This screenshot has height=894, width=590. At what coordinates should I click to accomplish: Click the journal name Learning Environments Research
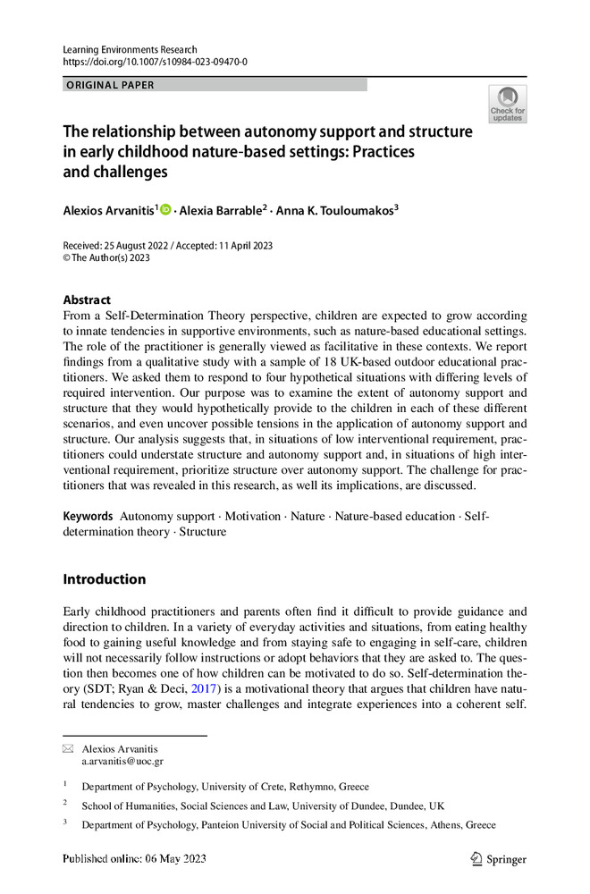pyautogui.click(x=130, y=49)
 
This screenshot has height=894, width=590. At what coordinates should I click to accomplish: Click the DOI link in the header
pyautogui.click(x=155, y=62)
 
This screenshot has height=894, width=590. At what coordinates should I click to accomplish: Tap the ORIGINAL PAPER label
pyautogui.click(x=110, y=85)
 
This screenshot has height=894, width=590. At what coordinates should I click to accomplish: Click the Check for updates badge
pyautogui.click(x=507, y=105)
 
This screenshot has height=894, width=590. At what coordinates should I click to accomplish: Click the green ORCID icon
pyautogui.click(x=165, y=209)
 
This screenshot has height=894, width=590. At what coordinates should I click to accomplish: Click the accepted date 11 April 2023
pyautogui.click(x=243, y=246)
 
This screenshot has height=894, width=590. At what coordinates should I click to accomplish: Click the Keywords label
pyautogui.click(x=88, y=517)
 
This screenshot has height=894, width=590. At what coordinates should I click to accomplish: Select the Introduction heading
pyautogui.click(x=104, y=579)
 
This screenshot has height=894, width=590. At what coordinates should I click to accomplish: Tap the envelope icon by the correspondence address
pyautogui.click(x=68, y=748)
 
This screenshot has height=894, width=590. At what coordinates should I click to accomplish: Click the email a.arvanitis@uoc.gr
pyautogui.click(x=122, y=761)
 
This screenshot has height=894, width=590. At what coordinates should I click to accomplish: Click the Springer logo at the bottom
pyautogui.click(x=498, y=860)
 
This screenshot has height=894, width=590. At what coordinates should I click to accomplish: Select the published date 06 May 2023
pyautogui.click(x=177, y=860)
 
